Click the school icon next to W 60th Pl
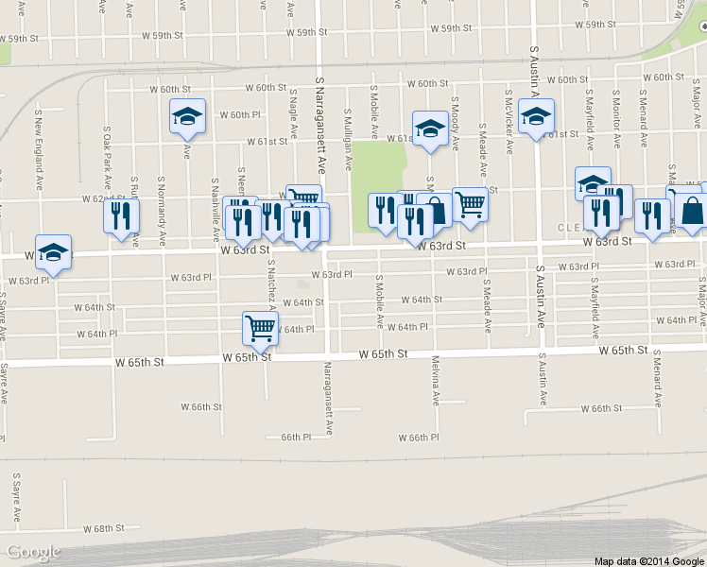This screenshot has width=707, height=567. point(187,117)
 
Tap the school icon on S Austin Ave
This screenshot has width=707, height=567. point(536,117)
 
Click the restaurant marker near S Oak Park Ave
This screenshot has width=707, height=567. point(121,217)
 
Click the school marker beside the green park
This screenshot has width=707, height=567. point(429,129)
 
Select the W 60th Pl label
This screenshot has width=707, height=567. point(239,115)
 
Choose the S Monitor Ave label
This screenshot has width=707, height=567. point(616,120)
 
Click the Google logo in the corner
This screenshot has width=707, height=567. point(33,552)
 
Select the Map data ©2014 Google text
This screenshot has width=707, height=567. point(648,560)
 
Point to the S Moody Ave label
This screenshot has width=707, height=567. point(455,123)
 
